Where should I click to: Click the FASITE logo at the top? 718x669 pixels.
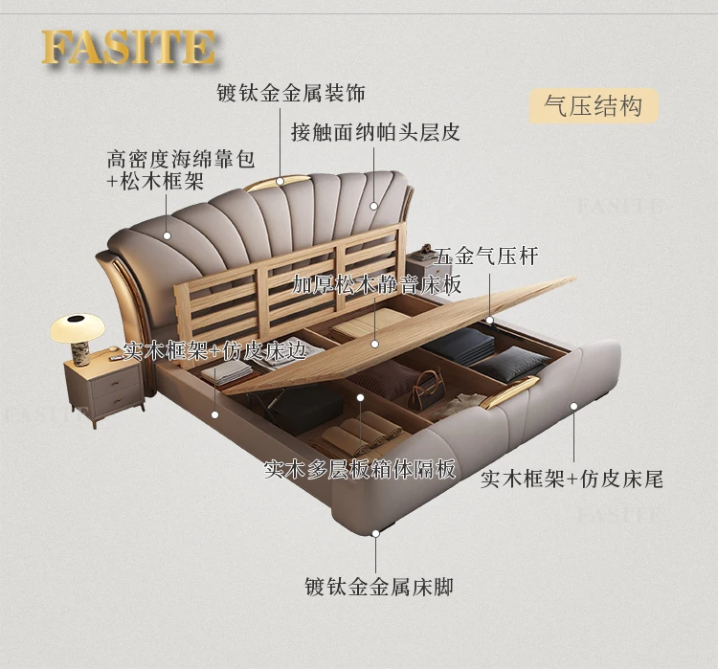128,48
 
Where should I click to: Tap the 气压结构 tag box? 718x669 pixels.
594,106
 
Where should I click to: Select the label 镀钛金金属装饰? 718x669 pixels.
290,93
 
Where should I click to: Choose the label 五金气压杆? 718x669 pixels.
486,256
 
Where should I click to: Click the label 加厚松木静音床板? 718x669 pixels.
377,284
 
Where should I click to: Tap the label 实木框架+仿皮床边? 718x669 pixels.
214,351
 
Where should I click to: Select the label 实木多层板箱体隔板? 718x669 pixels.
361,469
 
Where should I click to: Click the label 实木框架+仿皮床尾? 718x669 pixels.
572,478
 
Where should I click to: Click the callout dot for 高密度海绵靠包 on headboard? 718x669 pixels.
167,234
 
